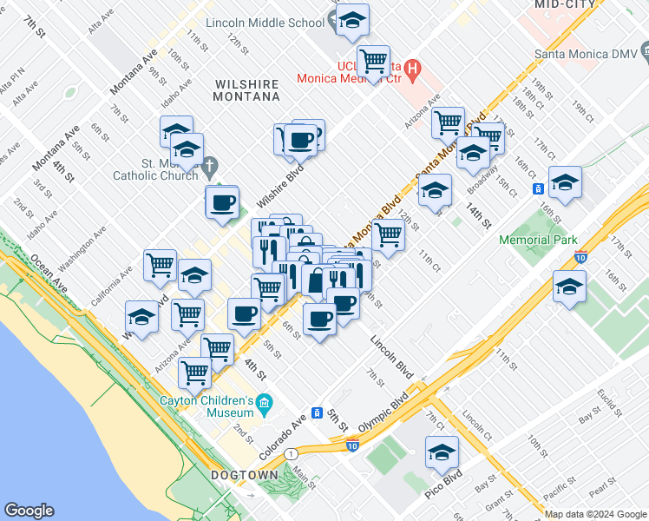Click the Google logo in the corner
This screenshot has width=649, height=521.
[x=29, y=511]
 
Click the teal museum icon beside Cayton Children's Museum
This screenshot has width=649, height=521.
[x=265, y=404]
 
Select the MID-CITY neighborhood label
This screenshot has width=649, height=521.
[x=565, y=4]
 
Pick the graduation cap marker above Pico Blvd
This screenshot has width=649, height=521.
[x=442, y=452]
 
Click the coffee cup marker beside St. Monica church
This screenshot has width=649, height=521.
[x=222, y=202]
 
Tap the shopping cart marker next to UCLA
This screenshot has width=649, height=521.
[x=373, y=62]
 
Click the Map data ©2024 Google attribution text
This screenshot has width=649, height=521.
[x=595, y=514]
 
